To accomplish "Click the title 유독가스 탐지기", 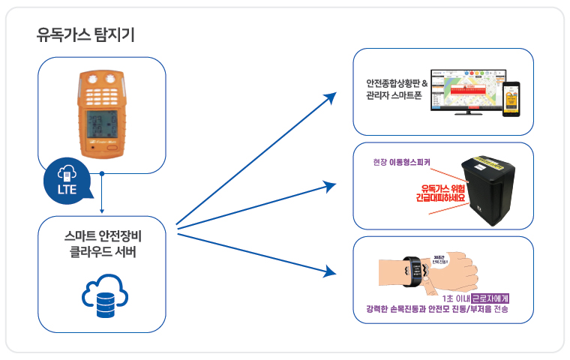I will click(85, 34).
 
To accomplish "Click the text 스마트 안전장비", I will click(101, 236).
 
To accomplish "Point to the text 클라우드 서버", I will click(101, 253).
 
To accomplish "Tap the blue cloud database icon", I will click(100, 296).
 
